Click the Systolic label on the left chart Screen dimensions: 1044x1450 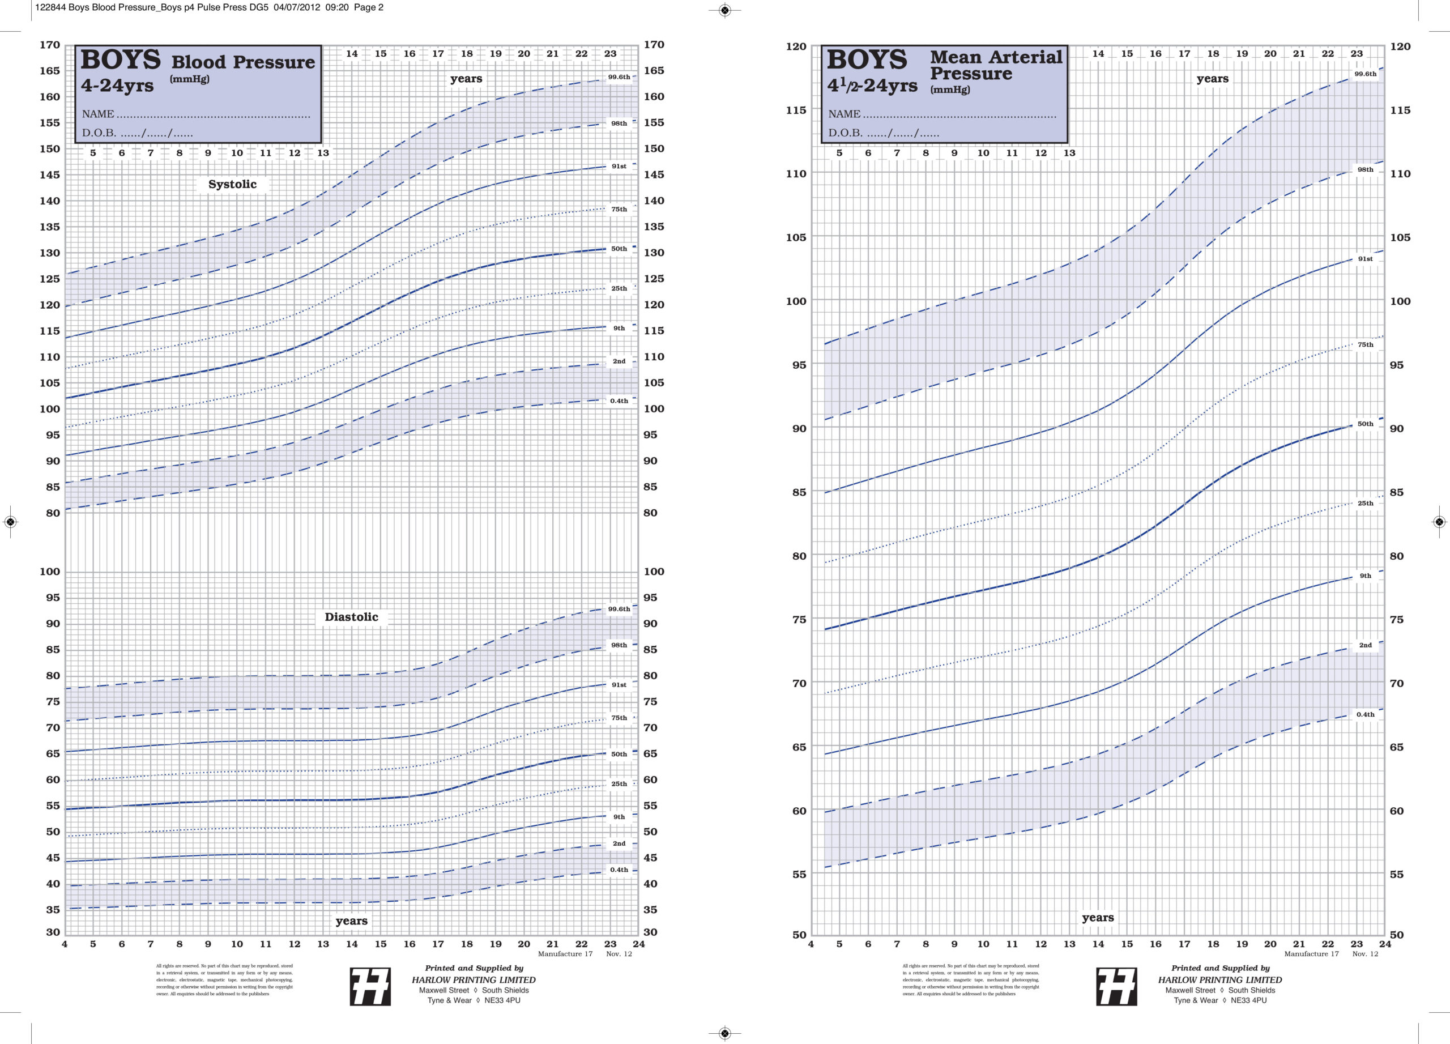(x=232, y=184)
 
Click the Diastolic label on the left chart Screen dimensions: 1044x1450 (x=351, y=617)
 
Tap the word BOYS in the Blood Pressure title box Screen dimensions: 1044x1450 (x=120, y=60)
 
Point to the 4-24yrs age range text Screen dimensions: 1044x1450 (x=117, y=85)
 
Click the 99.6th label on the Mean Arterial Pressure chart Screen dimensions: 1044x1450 (x=1365, y=74)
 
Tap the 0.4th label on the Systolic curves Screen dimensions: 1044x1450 (x=618, y=401)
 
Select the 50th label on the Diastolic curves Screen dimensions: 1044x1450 (x=618, y=754)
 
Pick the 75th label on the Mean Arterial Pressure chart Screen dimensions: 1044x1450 (x=1365, y=344)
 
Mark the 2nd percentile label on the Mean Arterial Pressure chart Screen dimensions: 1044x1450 (x=1365, y=645)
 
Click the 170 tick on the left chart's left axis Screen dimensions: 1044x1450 (x=50, y=45)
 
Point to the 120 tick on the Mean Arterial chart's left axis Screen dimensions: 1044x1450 (x=796, y=46)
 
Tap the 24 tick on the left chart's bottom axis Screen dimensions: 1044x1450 (x=638, y=944)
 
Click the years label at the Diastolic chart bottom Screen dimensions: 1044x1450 (x=351, y=921)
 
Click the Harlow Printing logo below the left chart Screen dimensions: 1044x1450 (x=370, y=986)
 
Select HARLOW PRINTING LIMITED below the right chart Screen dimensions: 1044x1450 (x=1219, y=979)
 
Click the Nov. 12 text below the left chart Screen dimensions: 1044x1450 (x=618, y=954)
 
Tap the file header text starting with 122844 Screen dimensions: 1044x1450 (x=209, y=8)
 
